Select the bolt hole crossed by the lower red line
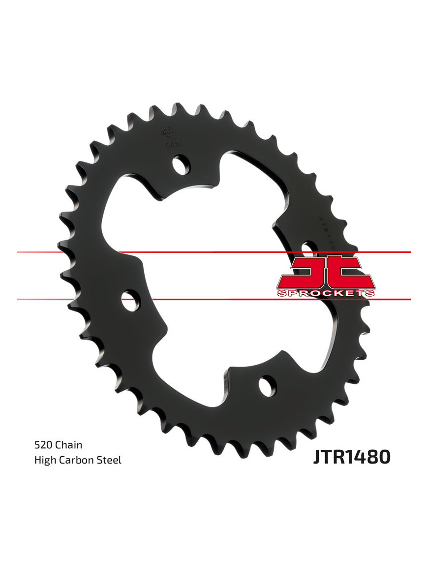click(129, 300)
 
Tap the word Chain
click(69, 445)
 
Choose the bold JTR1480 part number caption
click(352, 457)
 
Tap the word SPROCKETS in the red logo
click(326, 293)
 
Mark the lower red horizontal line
click(221, 299)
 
